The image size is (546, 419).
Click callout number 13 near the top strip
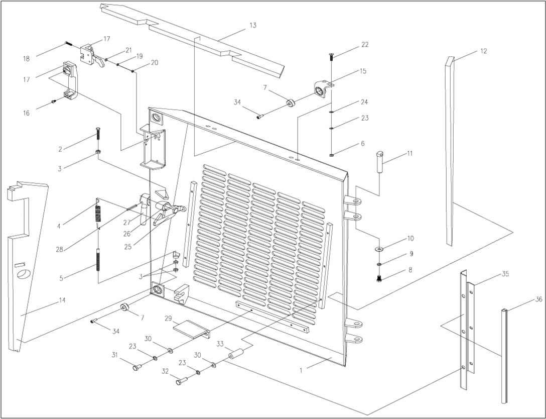click(252, 25)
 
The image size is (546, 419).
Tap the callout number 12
click(483, 51)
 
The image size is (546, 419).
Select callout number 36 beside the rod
click(538, 299)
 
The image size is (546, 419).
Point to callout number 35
click(505, 274)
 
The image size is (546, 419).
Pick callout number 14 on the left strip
click(62, 300)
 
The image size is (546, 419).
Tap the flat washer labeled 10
click(378, 248)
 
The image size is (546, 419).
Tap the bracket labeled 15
click(321, 89)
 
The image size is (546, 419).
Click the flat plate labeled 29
click(190, 328)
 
